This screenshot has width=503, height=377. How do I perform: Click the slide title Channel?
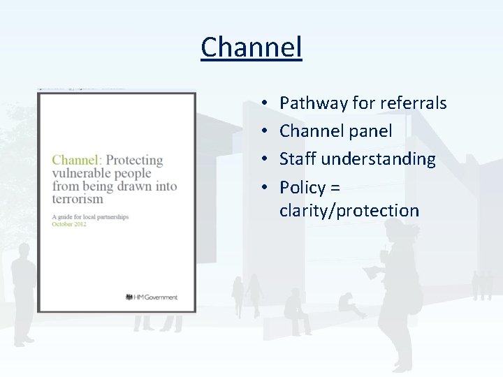click(x=251, y=47)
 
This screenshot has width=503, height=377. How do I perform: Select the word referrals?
click(x=414, y=103)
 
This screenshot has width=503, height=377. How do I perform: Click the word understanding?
click(x=378, y=158)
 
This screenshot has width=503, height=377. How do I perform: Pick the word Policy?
click(x=302, y=187)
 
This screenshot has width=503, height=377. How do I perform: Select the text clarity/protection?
click(x=349, y=210)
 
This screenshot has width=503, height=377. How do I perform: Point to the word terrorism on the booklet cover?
click(x=78, y=199)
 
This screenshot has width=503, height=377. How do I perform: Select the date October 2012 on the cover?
click(x=69, y=224)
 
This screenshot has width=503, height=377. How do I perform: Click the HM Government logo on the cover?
click(x=151, y=297)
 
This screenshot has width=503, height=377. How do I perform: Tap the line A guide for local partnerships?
click(x=90, y=217)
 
